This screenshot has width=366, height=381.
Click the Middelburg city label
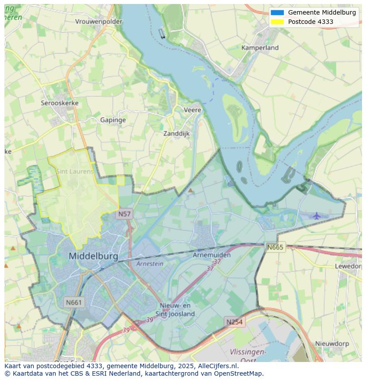(x=93, y=256)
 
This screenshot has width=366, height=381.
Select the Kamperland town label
(x=260, y=47)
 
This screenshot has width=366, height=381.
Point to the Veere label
(x=192, y=110)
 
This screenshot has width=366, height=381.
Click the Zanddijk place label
(x=176, y=133)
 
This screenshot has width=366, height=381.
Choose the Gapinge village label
(x=113, y=120)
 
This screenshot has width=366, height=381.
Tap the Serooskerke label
(x=60, y=103)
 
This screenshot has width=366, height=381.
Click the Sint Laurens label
(x=75, y=171)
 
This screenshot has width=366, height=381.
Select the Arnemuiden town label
(x=212, y=255)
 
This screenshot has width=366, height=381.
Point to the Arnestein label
(x=149, y=264)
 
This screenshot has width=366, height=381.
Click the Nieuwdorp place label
(x=332, y=343)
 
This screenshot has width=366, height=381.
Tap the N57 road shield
(x=124, y=214)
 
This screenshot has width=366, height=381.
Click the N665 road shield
(x=275, y=247)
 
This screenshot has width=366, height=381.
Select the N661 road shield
(x=73, y=303)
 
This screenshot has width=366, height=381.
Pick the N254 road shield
(x=234, y=322)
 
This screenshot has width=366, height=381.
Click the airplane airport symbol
(x=316, y=216)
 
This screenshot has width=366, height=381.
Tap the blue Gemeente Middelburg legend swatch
(x=277, y=12)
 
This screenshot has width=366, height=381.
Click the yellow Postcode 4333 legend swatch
(x=277, y=22)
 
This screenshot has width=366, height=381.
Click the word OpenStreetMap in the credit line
(x=239, y=373)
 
